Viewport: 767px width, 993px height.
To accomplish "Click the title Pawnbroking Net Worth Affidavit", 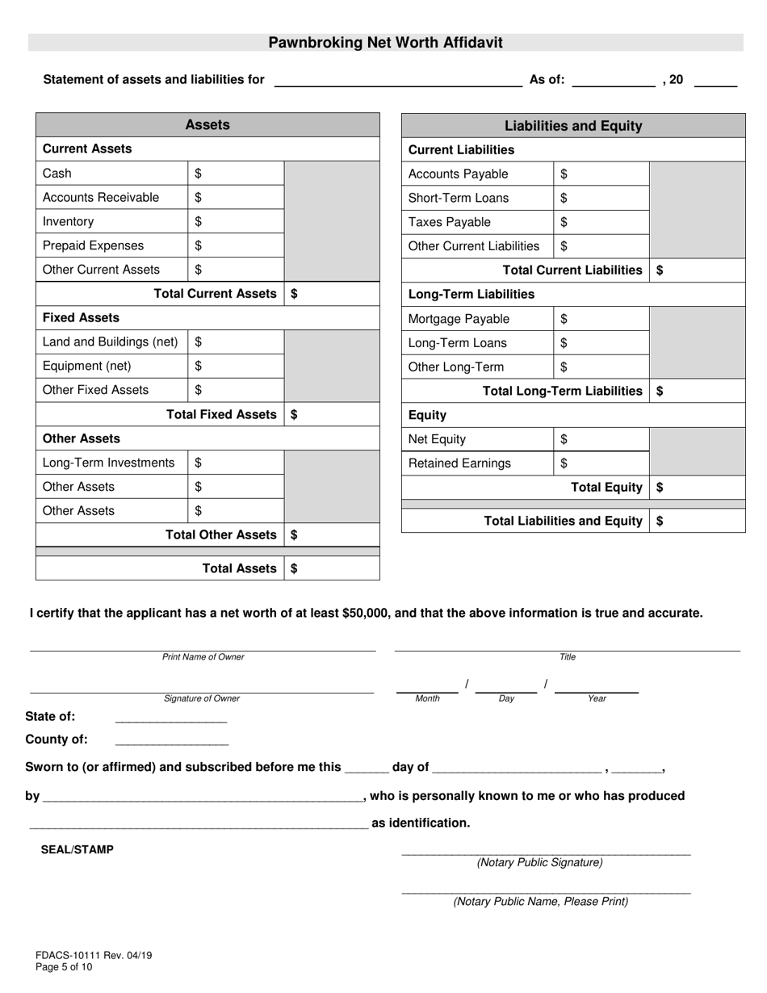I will [x=385, y=43].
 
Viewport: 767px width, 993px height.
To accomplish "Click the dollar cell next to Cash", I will [x=236, y=174].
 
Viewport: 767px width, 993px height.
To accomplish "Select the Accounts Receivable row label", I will [x=101, y=198].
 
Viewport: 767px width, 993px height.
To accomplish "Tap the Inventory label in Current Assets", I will [x=68, y=222].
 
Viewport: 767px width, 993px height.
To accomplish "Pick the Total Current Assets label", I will [x=215, y=294].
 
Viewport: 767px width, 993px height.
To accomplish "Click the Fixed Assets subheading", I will [x=81, y=318].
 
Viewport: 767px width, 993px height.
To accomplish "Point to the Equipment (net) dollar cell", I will [x=236, y=367].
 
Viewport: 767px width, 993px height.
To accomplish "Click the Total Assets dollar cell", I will [x=331, y=568].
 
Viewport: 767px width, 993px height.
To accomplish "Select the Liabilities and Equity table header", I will [x=573, y=126].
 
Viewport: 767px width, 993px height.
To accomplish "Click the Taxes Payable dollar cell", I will [x=601, y=223].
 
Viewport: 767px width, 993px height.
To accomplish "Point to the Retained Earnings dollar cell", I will [x=601, y=463].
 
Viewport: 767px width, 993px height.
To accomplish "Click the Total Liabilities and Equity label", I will [x=563, y=521].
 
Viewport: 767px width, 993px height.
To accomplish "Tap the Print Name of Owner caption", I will [x=203, y=657].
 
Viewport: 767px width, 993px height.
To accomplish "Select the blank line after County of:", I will [x=171, y=740].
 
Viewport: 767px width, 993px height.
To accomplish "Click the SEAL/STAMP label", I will [x=78, y=850].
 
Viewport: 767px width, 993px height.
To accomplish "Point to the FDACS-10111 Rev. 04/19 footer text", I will [x=94, y=955].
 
